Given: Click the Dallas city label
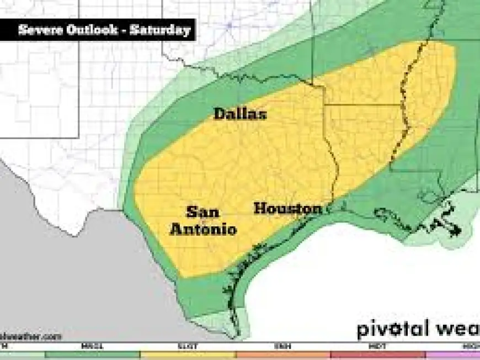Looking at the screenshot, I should tap(240, 114).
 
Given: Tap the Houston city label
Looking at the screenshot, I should tap(287, 209).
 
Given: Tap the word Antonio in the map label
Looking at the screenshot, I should tap(203, 229).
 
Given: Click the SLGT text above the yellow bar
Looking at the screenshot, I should tap(188, 346).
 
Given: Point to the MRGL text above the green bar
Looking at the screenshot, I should tap(92, 346).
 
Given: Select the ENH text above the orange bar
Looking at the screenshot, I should tap(283, 346).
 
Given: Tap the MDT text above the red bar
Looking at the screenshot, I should tap(378, 346).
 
